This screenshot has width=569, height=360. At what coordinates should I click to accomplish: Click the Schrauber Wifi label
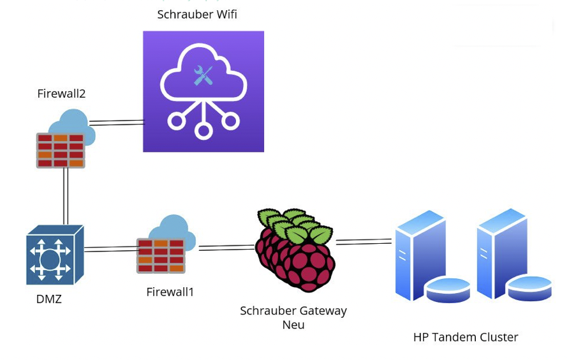coord(197,14)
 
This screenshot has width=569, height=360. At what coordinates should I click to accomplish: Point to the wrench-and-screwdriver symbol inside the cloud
coord(203,76)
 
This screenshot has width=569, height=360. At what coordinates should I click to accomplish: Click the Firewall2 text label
coord(61,93)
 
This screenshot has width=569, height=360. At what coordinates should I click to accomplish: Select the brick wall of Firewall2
coord(61,151)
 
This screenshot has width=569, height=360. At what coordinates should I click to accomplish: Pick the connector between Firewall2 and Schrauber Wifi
coord(117,122)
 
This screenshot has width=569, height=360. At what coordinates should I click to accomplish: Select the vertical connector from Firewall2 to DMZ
coord(65,196)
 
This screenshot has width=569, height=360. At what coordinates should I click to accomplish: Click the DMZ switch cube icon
coord(55,255)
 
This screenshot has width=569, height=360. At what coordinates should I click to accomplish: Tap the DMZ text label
coord(48,299)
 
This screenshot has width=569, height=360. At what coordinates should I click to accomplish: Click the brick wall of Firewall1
coord(161,255)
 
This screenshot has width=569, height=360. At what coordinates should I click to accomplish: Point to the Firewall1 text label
coord(170,292)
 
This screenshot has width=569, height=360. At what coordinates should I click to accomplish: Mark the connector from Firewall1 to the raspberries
coord(226,247)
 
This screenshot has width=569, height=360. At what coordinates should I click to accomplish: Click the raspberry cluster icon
coord(295,250)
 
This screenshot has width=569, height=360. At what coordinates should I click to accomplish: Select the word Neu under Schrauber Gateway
coord(293,324)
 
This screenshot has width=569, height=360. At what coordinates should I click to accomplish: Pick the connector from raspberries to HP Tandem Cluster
coord(364,241)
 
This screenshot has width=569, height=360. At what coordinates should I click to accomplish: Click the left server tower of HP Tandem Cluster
coord(424,255)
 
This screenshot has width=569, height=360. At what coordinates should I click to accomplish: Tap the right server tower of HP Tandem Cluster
coord(507,253)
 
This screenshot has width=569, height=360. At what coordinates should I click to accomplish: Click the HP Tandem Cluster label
coord(466,337)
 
